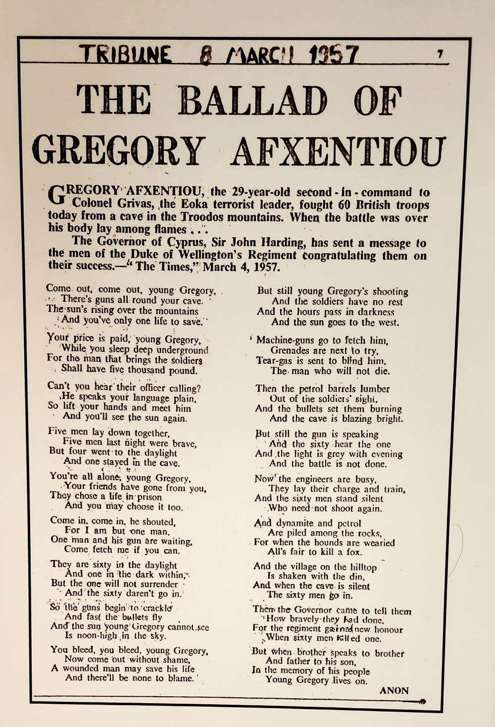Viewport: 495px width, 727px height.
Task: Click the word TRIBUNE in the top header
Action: pos(126,54)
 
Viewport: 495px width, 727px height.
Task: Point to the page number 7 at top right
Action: pos(440,55)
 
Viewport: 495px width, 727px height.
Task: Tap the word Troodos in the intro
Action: pos(207,217)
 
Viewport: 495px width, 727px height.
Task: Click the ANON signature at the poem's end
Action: pos(394,690)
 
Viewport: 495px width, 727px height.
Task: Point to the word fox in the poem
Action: pos(354,552)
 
